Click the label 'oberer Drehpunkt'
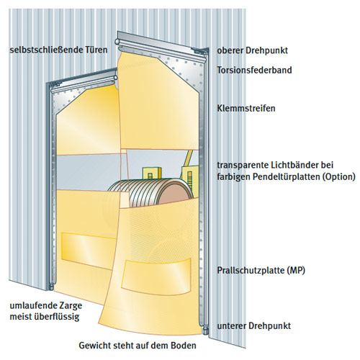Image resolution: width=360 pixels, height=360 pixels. pos(252,50)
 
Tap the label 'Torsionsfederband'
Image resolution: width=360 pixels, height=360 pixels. pos(254,70)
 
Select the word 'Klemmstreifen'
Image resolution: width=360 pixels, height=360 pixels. pos(246,108)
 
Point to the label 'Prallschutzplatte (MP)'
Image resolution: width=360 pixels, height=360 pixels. pos(261,271)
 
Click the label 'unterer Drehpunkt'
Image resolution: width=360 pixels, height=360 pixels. pos(254,326)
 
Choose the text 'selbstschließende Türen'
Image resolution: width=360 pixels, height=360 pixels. pos(58,50)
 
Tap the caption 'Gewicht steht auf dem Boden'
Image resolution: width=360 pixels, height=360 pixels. pos(138,346)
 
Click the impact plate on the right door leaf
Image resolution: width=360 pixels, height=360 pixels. pos(156,276)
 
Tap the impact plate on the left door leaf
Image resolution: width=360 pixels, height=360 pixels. pos(88,248)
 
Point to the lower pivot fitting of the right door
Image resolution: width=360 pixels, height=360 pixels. pos(204,330)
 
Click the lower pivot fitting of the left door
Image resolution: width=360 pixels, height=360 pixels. pos(51,287)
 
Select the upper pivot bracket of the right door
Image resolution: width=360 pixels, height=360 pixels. pos(201,51)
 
